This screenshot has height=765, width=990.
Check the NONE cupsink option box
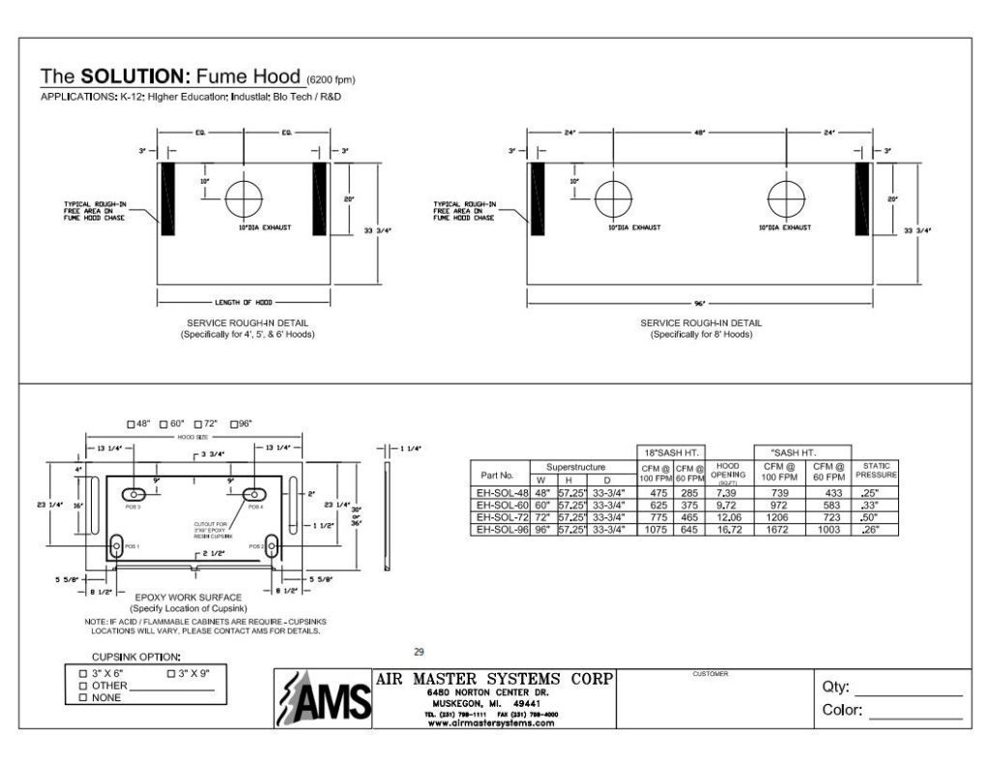pyautogui.click(x=83, y=696)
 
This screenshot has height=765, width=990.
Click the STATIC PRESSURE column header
pyautogui.click(x=874, y=471)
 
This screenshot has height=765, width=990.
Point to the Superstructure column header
pyautogui.click(x=575, y=466)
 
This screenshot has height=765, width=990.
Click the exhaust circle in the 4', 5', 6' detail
pyautogui.click(x=244, y=199)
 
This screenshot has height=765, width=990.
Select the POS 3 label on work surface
pyautogui.click(x=132, y=506)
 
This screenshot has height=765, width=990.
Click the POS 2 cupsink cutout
pyautogui.click(x=273, y=546)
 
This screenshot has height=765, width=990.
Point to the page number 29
pyautogui.click(x=419, y=652)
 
